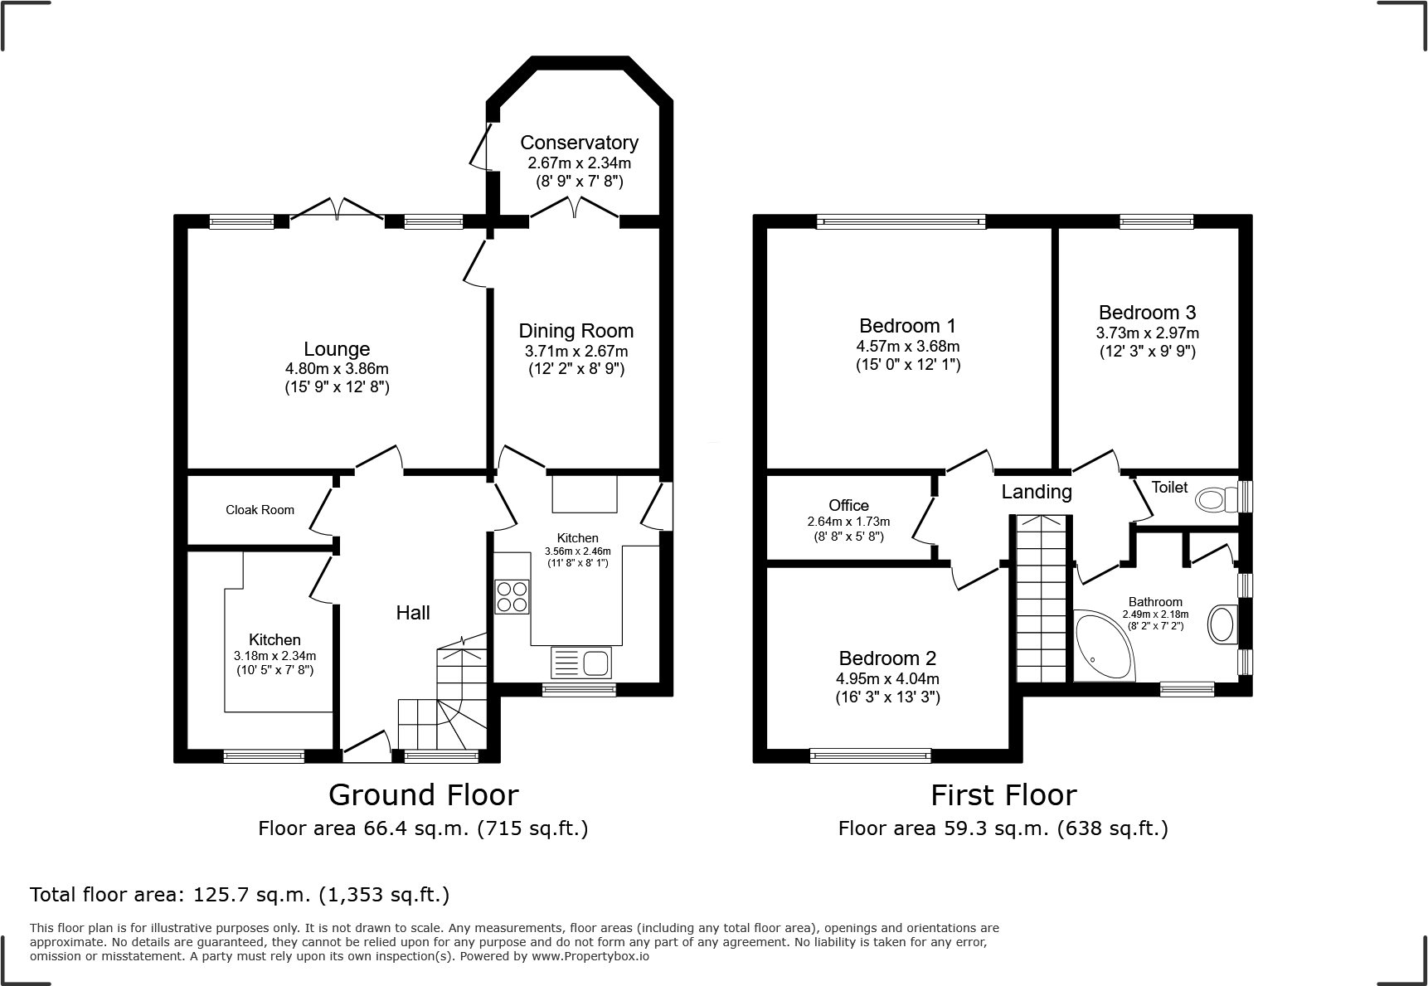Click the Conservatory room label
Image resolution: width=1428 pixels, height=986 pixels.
[x=579, y=143]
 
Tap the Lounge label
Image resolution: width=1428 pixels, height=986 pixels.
[x=337, y=349]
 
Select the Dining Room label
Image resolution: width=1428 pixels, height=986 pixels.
[x=576, y=331]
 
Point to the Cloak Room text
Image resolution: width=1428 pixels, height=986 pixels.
[x=260, y=510]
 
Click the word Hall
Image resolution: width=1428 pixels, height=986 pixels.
[x=413, y=613]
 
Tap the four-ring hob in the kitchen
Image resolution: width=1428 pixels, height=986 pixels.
[x=512, y=597]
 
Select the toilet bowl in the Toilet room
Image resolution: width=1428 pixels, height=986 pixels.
[x=1217, y=498]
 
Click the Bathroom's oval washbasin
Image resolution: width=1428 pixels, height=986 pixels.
[x=1222, y=624]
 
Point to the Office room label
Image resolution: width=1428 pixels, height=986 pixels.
[x=849, y=506]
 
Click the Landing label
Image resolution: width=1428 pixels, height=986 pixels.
[x=1037, y=492]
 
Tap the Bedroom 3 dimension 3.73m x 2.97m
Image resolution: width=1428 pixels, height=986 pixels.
[x=1148, y=333]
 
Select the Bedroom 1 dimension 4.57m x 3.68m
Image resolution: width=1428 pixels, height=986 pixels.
[x=908, y=347]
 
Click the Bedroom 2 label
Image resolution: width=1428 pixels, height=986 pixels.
[x=887, y=658]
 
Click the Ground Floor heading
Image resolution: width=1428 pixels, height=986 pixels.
[x=424, y=795]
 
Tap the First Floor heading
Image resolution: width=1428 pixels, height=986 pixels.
[x=1003, y=795]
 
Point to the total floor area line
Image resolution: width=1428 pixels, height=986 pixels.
[x=240, y=895]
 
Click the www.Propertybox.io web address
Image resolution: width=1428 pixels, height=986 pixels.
[x=590, y=956]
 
